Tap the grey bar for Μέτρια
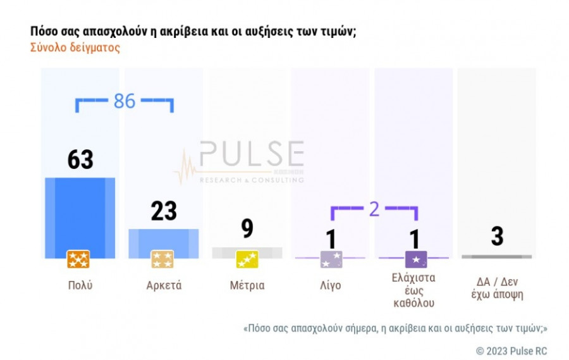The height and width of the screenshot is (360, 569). pos(247,252)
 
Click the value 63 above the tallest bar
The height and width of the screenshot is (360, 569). pos(80,159)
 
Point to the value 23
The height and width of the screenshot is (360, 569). pos(164,211)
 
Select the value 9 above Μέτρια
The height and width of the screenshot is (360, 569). pos(247,228)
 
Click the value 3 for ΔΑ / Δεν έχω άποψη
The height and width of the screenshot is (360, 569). pos(497,236)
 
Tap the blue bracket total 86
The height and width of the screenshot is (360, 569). pos(125,101)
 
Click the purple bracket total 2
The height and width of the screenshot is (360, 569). pos(374,209)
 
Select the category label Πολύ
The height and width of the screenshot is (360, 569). pos(80,285)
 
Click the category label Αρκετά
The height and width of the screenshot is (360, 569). pos(164,285)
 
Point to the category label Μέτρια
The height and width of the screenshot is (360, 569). pos(247,285)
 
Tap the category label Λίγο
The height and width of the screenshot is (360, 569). pos(331,285)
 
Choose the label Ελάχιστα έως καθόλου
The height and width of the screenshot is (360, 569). pos(414,290)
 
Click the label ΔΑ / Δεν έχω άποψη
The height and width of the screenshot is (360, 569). pos(498,289)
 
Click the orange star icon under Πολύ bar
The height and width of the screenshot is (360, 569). pos(78,259)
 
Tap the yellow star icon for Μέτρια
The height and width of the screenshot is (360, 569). pos(247,259)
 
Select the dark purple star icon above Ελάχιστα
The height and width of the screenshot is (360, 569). pos(415,259)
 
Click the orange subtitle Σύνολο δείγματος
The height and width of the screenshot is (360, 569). pos(75,47)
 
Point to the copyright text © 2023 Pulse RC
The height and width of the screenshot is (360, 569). pos(511,351)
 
